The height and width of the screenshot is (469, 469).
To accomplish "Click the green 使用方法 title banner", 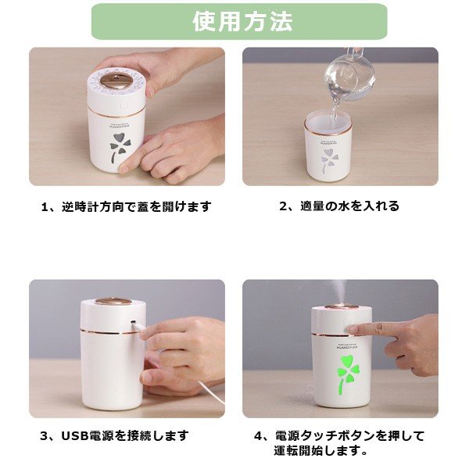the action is [239, 22].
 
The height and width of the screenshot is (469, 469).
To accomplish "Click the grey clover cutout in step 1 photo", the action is [119, 148].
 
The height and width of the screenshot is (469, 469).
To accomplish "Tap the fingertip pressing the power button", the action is [351, 329].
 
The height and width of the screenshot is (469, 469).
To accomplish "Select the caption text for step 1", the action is [126, 206].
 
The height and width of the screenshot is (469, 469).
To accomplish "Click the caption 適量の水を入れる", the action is [349, 206].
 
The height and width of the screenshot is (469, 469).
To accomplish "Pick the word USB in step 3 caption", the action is [75, 436].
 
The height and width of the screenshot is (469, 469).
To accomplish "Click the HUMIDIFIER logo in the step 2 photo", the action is [328, 142].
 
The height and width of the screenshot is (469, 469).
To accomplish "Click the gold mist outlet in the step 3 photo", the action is [113, 302].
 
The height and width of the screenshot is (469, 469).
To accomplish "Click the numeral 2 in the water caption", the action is [283, 206].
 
